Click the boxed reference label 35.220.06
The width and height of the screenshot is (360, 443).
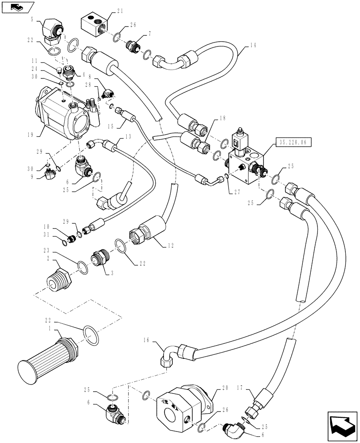pyautogui.click(x=293, y=142)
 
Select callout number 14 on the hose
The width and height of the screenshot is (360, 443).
pyautogui.click(x=253, y=45)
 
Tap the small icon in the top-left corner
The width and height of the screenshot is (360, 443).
pyautogui.click(x=17, y=7)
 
